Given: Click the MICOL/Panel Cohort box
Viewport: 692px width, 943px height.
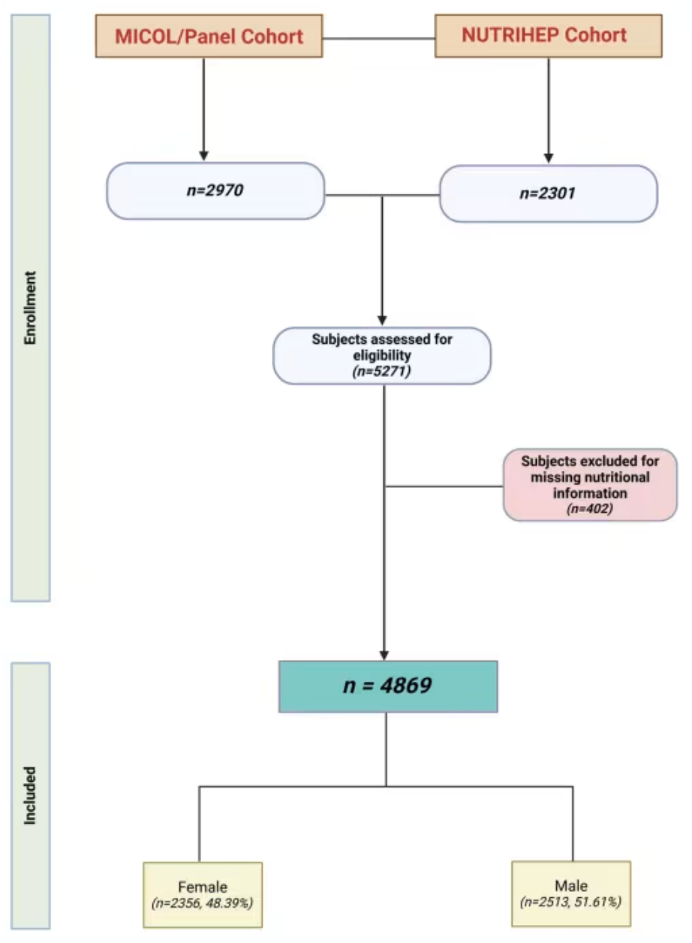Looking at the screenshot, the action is [x=209, y=36].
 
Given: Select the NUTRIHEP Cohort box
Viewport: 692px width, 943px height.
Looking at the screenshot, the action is [x=548, y=36].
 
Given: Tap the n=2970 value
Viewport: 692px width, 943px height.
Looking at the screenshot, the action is [x=215, y=190].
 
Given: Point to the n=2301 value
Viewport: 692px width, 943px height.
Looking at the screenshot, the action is [x=548, y=193].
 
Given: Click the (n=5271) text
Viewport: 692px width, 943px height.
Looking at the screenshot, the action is [x=381, y=372].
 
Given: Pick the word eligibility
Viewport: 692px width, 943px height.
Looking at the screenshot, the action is [x=382, y=355].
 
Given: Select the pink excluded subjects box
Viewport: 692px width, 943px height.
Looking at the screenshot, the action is [x=590, y=485].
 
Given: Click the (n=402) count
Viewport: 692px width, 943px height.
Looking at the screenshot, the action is [x=589, y=508].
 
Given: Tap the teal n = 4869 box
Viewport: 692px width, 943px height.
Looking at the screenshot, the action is [x=388, y=686].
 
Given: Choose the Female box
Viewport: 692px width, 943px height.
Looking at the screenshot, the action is [x=203, y=895].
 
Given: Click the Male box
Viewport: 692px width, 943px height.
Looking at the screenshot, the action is [x=571, y=893].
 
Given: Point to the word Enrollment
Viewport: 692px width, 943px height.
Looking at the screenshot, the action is [x=30, y=308].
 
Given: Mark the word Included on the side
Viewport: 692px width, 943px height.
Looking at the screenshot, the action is [x=30, y=795].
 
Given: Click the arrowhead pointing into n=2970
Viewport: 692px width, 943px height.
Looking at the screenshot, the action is [x=203, y=155].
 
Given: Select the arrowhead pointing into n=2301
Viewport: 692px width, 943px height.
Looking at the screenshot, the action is [x=549, y=158].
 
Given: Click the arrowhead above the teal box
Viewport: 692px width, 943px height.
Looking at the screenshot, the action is [x=384, y=655].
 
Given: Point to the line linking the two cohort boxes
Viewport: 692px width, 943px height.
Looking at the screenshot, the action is [x=379, y=38].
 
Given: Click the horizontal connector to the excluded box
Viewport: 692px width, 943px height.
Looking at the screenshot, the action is [x=444, y=487].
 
